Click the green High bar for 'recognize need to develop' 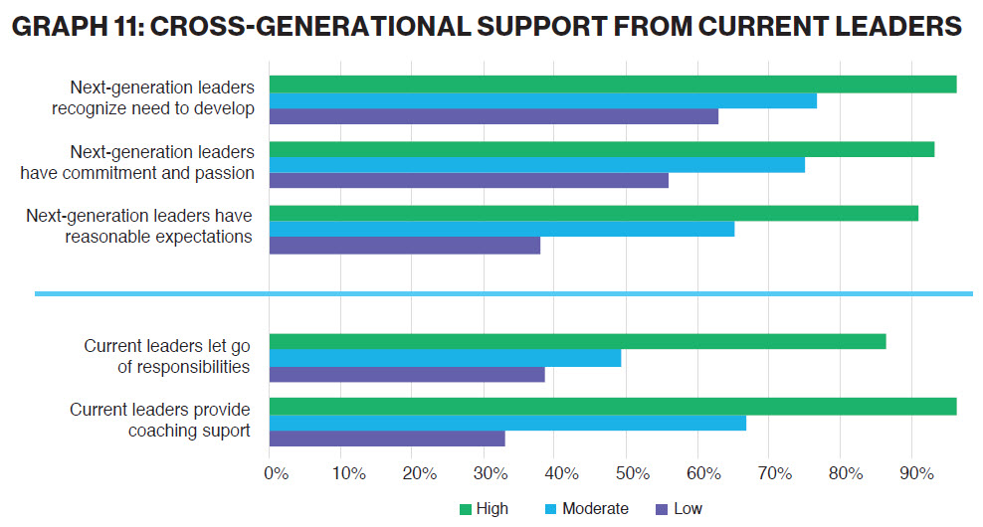click(x=612, y=85)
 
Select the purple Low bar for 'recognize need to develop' click(x=493, y=116)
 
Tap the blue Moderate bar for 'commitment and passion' click(x=536, y=165)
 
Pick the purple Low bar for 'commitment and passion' click(x=469, y=181)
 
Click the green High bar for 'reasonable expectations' click(x=593, y=213)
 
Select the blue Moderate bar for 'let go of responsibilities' click(x=445, y=358)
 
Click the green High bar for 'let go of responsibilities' click(x=577, y=342)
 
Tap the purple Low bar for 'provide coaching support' click(x=387, y=438)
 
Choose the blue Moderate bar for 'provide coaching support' click(x=507, y=423)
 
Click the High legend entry click(x=484, y=509)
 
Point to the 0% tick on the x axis click(x=276, y=474)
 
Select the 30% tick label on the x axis click(x=490, y=474)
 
